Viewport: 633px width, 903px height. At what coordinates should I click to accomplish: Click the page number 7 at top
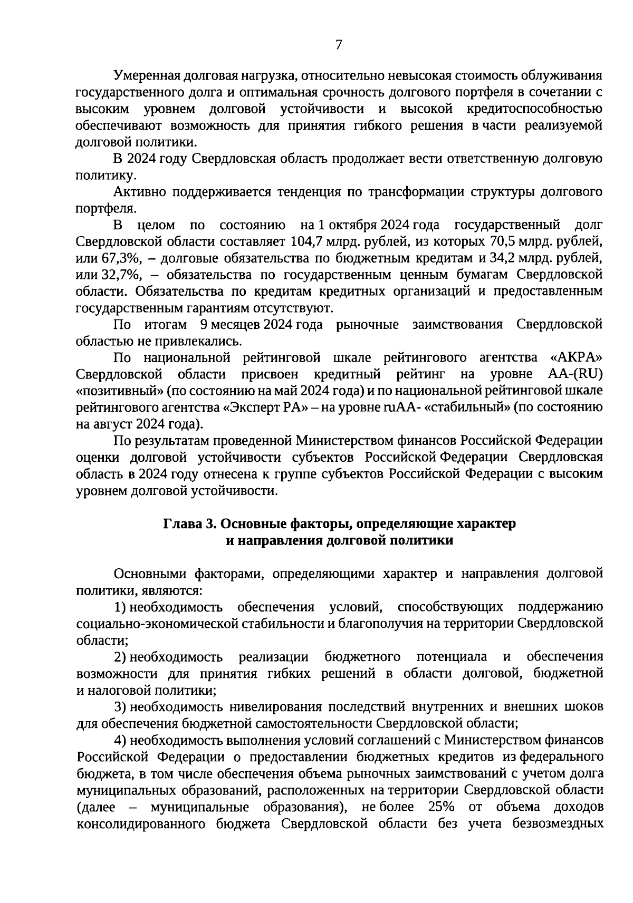pyautogui.click(x=339, y=45)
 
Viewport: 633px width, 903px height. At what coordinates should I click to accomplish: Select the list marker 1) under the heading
pyautogui.click(x=120, y=607)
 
